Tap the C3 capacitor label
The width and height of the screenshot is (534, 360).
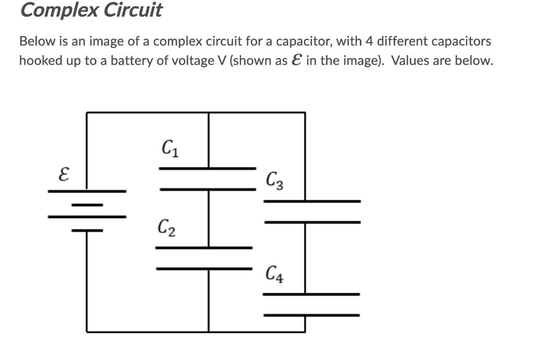(x=274, y=182)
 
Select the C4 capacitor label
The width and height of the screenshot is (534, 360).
(x=274, y=273)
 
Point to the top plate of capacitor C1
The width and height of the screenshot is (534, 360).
(x=208, y=168)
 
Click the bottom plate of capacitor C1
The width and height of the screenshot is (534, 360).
(x=208, y=189)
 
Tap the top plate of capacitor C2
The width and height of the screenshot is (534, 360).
(x=204, y=247)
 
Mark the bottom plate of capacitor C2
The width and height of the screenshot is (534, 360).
(x=204, y=269)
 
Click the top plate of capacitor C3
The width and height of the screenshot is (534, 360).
(x=311, y=201)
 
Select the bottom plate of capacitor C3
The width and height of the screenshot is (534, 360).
(x=311, y=222)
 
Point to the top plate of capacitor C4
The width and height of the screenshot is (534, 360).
(x=311, y=294)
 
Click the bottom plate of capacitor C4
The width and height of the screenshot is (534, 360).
(x=311, y=315)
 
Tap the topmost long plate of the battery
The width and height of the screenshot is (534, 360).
(x=87, y=191)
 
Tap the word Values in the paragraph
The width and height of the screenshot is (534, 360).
(x=410, y=61)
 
